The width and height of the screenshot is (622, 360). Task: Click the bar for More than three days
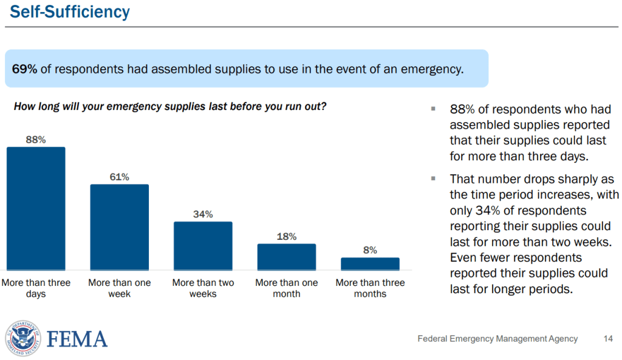coord(36,208)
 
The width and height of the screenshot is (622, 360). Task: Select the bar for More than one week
coord(119,227)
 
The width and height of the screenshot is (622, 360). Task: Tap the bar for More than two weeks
coord(203,246)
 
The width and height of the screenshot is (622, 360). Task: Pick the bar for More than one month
coord(286,257)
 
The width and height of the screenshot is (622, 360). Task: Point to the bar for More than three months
coord(370,263)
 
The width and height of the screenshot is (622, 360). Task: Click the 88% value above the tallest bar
coord(36,140)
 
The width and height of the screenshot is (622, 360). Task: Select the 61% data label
coord(119,177)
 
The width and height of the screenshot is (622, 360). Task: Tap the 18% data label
coord(286,236)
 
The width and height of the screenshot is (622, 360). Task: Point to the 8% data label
coord(370,250)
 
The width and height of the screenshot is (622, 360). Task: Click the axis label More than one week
coord(119,288)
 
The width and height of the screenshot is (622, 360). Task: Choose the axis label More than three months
coord(370,288)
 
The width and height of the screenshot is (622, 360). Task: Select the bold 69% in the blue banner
coord(25,69)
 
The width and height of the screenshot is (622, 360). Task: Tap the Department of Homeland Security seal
coord(22,339)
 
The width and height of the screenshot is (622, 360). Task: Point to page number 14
coord(608,339)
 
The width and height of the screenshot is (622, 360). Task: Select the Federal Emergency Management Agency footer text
coord(497,339)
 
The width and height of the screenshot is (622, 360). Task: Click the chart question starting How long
coord(170,106)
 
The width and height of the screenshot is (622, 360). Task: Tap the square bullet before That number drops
coord(433,178)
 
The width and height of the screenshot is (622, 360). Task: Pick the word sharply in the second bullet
coord(567,179)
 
